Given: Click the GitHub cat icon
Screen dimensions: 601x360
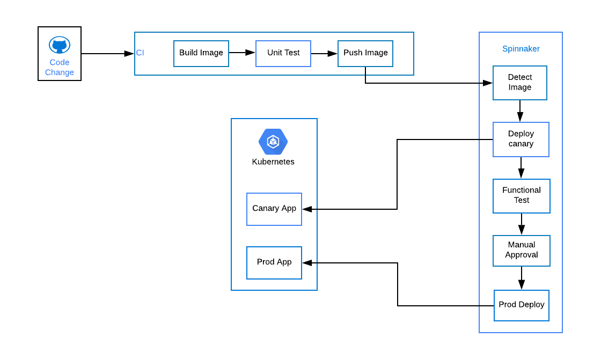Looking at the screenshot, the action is pyautogui.click(x=60, y=45).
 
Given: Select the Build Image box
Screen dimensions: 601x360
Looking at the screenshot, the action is pyautogui.click(x=201, y=54).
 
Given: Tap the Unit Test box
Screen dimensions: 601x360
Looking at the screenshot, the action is pyautogui.click(x=283, y=54).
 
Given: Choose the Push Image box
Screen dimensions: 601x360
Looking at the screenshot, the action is pyautogui.click(x=365, y=54).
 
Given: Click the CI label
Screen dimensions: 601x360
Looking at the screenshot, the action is pyautogui.click(x=140, y=53).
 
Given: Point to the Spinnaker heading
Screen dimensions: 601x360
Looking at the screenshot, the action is pyautogui.click(x=521, y=49).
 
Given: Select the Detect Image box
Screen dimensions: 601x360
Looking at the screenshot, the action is pyautogui.click(x=520, y=83).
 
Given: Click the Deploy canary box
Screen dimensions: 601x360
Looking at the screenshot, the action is pyautogui.click(x=521, y=139).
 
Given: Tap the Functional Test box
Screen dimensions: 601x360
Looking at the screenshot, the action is pyautogui.click(x=521, y=196).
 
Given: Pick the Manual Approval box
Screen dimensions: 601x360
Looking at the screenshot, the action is pyautogui.click(x=521, y=251).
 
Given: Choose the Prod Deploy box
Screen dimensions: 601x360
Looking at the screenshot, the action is pyautogui.click(x=521, y=306).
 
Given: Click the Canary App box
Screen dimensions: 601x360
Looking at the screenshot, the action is pyautogui.click(x=274, y=209).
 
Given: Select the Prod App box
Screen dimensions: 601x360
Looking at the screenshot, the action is pyautogui.click(x=274, y=263).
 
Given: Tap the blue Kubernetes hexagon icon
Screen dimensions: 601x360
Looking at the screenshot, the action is pyautogui.click(x=273, y=142).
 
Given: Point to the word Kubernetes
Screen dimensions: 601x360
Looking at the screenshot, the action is pyautogui.click(x=273, y=162).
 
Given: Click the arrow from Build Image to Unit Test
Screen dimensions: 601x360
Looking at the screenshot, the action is pyautogui.click(x=242, y=53).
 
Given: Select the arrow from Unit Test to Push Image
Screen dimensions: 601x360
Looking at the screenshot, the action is pyautogui.click(x=324, y=54).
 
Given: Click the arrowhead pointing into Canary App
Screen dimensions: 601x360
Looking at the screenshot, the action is pyautogui.click(x=307, y=209).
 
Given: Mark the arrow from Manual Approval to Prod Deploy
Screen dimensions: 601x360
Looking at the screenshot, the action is pyautogui.click(x=521, y=278).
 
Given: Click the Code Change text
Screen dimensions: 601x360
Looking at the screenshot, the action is pyautogui.click(x=60, y=68).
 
